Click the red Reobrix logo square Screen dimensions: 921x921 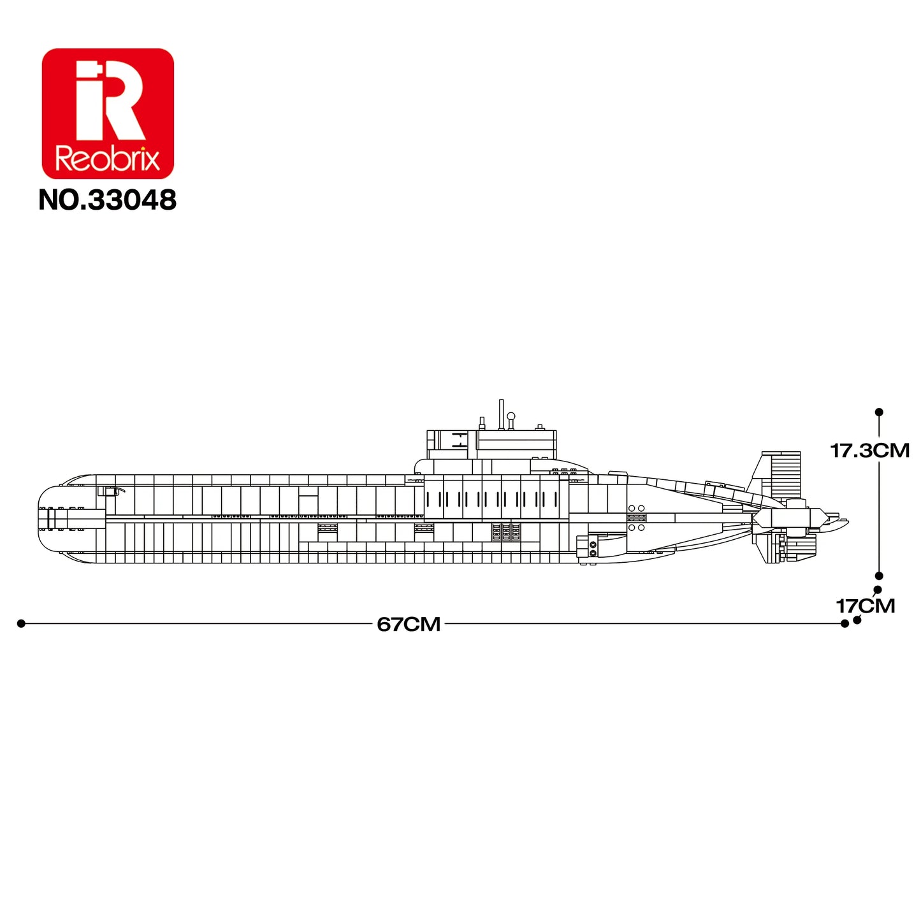[108, 113]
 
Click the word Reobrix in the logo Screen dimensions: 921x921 [108, 159]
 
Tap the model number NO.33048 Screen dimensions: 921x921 [108, 199]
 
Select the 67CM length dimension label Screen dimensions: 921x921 [409, 624]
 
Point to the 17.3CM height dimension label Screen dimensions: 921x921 [869, 451]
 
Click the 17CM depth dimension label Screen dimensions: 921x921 [865, 606]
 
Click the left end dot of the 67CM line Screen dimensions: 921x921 [20, 624]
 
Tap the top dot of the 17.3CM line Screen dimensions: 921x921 [878, 412]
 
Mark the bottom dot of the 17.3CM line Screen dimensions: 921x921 [878, 576]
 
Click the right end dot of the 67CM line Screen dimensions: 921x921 [845, 624]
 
